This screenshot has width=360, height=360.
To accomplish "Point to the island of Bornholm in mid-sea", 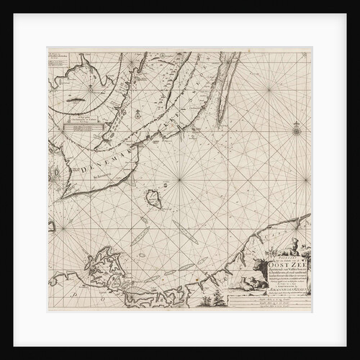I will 153,197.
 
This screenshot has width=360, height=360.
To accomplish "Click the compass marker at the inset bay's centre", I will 89,87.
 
